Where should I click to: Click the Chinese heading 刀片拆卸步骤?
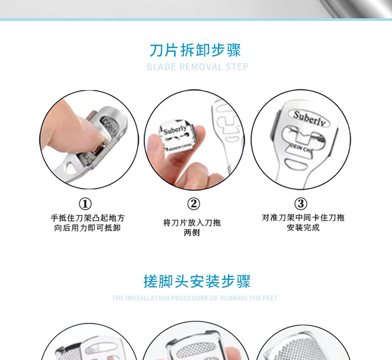[x=195, y=50]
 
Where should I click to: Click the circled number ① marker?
[x=85, y=204]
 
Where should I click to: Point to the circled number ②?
[x=193, y=204]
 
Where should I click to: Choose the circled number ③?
[x=301, y=204]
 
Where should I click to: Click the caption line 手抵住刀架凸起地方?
[x=87, y=218]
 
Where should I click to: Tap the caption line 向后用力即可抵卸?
[x=87, y=228]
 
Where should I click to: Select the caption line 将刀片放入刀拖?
[x=192, y=223]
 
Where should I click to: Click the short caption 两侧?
[x=192, y=233]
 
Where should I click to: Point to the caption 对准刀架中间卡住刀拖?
[x=303, y=218]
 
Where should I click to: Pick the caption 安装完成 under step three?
[x=303, y=228]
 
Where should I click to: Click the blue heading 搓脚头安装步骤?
[x=197, y=282]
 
